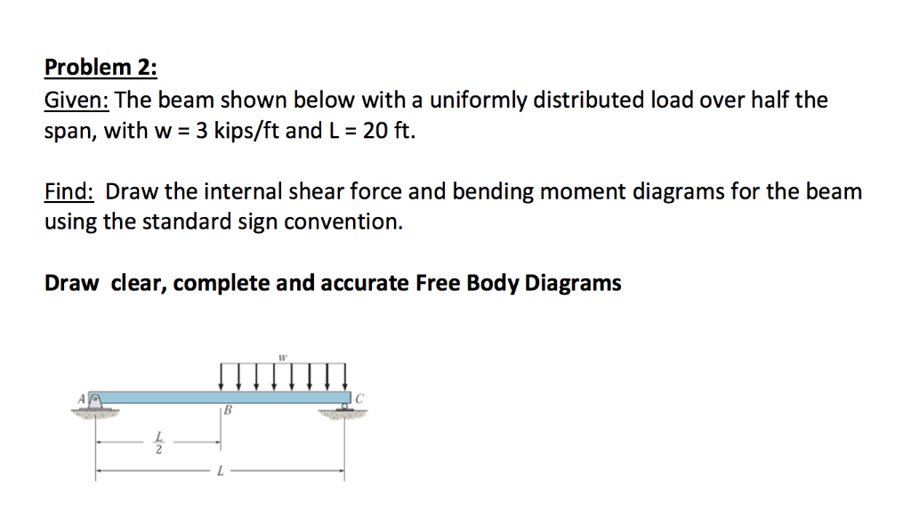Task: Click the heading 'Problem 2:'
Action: coord(101,68)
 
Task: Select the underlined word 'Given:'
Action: coord(76,101)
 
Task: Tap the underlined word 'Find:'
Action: coord(71,191)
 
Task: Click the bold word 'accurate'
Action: coord(361,283)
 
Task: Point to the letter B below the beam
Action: coord(228,411)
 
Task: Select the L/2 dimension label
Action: coord(159,442)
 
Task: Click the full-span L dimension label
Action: coord(220,472)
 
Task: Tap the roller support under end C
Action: coord(343,408)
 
